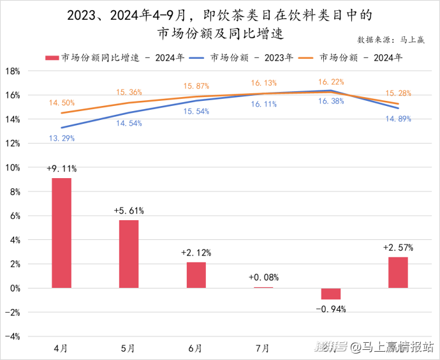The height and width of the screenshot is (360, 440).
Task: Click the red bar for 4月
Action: coord(61,233)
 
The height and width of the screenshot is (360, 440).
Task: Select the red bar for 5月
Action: coord(129,254)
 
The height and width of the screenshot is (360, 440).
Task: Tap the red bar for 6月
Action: coord(196,275)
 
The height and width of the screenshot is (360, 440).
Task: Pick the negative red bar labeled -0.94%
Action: coord(331,294)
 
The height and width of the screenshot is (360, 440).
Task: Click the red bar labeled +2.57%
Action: coord(398,273)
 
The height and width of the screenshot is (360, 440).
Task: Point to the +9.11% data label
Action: coord(61,169)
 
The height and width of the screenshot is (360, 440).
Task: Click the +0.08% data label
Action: coord(263,278)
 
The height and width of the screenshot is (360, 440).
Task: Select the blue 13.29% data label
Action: coord(61,138)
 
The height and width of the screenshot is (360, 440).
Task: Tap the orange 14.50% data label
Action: coord(61,103)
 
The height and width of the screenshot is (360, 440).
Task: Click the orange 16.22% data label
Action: coord(331,82)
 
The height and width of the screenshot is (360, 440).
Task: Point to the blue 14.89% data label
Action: coord(398,119)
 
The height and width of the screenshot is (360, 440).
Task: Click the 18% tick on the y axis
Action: coord(13,71)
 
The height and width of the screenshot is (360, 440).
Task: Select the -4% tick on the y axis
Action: coord(13,336)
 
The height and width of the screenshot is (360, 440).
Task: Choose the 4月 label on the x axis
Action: coord(61,348)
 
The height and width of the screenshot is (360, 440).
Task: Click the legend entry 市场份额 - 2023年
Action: coord(242,57)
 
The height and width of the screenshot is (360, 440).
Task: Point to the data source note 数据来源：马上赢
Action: coord(391,40)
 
